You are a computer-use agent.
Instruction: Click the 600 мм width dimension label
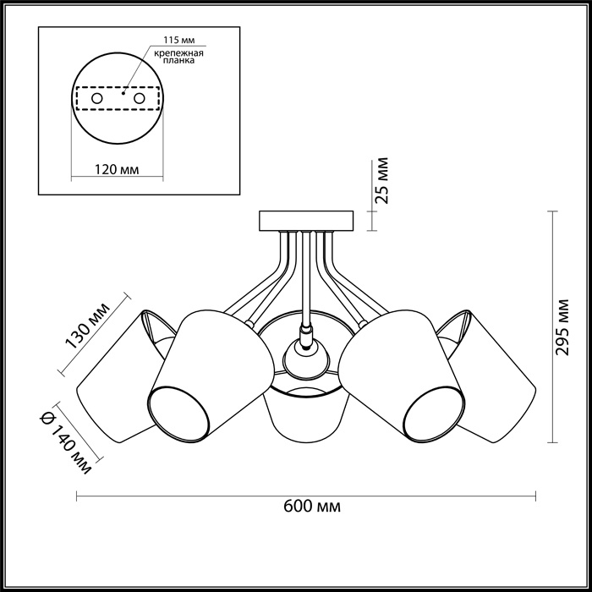point(312,506)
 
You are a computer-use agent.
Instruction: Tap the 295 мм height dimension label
point(562,327)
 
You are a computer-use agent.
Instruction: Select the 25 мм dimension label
point(382,181)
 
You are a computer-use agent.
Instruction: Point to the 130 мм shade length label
point(88,325)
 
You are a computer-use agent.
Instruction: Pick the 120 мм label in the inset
point(117,169)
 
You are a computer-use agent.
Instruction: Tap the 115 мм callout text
point(179,40)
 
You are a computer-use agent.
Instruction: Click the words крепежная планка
point(178,57)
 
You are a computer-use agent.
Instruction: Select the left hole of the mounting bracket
point(97,99)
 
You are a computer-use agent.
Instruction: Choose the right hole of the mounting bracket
point(140,99)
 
